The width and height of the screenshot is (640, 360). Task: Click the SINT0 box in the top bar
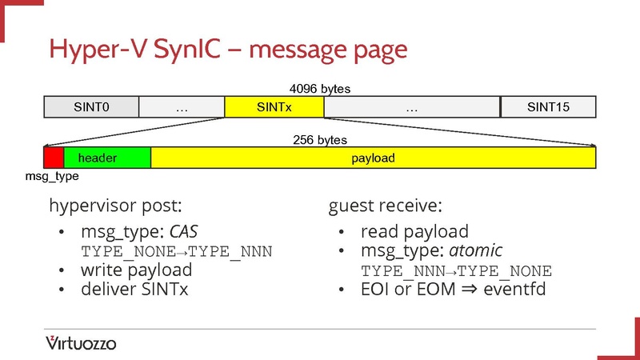click(91, 107)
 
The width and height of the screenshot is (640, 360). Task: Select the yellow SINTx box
click(274, 107)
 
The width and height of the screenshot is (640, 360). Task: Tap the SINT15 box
click(548, 107)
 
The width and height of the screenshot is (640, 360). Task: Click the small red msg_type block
click(53, 158)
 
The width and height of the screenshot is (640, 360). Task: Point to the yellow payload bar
click(373, 158)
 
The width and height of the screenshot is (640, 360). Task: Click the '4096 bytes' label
click(320, 89)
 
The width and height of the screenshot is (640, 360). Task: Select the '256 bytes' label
click(320, 139)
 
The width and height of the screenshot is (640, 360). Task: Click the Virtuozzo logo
click(81, 343)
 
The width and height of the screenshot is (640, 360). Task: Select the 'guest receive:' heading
click(385, 206)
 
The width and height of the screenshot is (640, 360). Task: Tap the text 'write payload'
click(136, 270)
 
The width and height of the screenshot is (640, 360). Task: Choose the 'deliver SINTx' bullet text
click(134, 289)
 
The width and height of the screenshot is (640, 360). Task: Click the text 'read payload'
click(414, 232)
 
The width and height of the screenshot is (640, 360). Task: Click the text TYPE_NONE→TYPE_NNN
click(177, 251)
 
